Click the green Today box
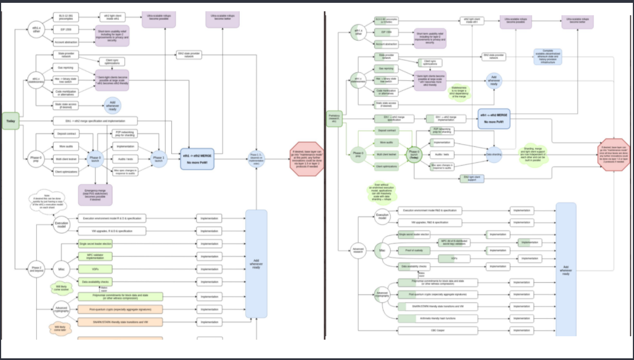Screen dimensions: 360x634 10,121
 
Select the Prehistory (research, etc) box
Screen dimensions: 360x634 333,119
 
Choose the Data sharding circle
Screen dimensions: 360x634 494,153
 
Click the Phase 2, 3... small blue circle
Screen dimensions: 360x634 255,158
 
